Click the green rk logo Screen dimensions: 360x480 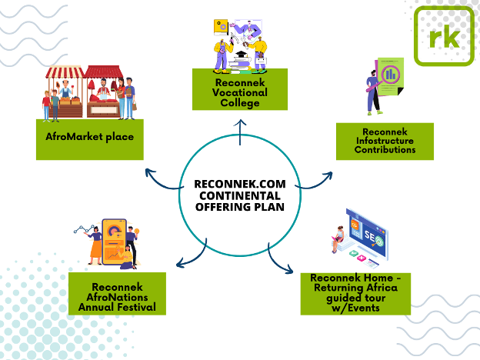click(x=444, y=35)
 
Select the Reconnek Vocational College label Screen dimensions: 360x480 click(x=239, y=89)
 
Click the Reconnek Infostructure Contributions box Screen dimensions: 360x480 click(x=385, y=141)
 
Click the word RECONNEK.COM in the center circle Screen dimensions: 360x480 click(x=239, y=184)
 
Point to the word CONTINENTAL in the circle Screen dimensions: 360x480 click(x=239, y=195)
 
